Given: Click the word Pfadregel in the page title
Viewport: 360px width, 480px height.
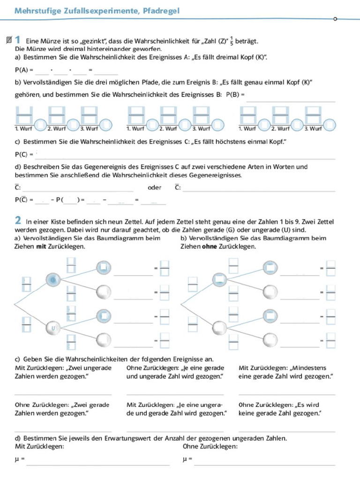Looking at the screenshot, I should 159,11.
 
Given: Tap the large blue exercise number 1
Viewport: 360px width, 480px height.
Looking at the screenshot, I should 17,40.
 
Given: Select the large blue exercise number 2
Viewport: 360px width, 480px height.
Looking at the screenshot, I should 18,220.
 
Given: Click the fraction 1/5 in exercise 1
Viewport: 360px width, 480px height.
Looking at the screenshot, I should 232,41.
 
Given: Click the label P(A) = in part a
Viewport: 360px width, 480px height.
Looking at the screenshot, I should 24,70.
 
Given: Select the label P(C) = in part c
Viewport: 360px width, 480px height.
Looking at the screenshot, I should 24,154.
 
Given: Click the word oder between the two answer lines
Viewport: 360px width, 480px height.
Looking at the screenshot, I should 154,187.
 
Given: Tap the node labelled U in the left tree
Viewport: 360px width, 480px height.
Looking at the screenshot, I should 53,329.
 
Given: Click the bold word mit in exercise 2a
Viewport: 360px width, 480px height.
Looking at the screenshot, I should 41,246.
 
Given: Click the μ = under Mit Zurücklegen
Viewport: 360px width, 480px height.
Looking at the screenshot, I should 20,459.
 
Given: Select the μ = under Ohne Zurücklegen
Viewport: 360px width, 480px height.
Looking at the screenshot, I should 187,459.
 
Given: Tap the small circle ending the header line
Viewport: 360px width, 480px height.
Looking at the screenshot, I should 335,19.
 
